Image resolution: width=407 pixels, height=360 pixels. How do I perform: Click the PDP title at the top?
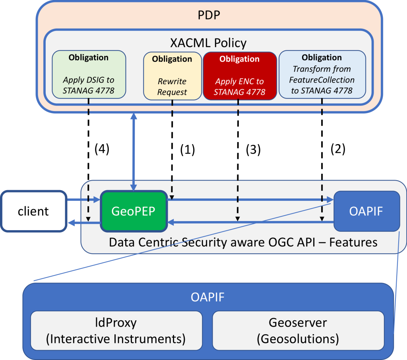pos(209,15)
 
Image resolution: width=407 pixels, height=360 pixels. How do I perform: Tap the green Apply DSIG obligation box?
pos(89,75)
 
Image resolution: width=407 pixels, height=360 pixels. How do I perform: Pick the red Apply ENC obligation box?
pos(239,75)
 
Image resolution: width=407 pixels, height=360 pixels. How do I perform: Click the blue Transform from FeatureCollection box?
pos(322,75)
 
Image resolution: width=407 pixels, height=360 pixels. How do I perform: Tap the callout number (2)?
pos(338,149)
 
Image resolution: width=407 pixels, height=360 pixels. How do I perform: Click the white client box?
pos(33,211)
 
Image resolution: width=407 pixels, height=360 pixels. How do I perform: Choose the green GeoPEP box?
pos(134,211)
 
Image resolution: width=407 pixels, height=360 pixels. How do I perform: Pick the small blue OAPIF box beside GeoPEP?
pos(366,211)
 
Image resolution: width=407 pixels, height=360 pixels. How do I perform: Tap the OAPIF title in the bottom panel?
pos(208,297)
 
